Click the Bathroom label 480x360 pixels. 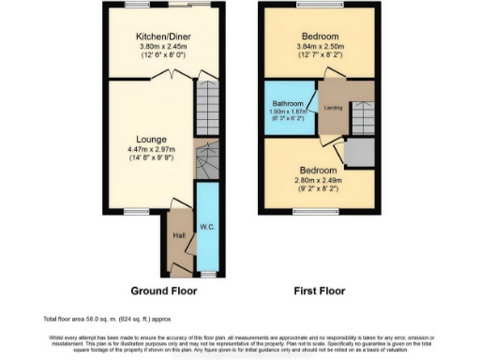pos(288,103)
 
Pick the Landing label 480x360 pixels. pos(332,107)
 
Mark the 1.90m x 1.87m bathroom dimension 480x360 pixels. pos(288,112)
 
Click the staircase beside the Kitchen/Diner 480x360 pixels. pos(207,109)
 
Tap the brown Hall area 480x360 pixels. pos(178,246)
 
